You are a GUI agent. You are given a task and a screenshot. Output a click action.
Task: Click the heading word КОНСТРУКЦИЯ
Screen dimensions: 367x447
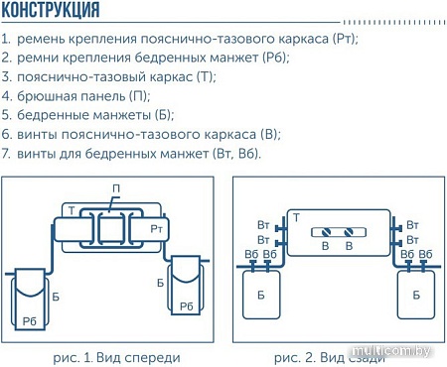[x=51, y=12]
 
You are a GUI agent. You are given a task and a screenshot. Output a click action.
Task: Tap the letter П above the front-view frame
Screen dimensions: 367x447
[x=116, y=189]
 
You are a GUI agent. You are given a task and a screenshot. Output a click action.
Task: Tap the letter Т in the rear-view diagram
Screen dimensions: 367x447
[x=295, y=216]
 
